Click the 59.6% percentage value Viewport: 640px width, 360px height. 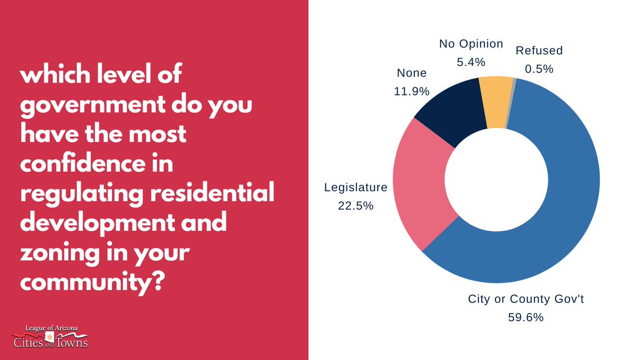[526, 318]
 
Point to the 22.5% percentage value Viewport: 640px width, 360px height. [356, 205]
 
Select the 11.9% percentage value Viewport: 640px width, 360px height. [412, 91]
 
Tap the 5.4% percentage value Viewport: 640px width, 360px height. [471, 62]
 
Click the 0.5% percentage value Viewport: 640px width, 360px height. [539, 69]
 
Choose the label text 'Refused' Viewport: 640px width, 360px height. [539, 51]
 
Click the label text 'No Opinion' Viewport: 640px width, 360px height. [471, 44]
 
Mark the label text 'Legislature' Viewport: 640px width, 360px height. [356, 187]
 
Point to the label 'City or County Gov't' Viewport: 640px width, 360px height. [526, 299]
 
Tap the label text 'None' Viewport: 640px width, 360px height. [412, 73]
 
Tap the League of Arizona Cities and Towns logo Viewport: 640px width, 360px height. [50, 335]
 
